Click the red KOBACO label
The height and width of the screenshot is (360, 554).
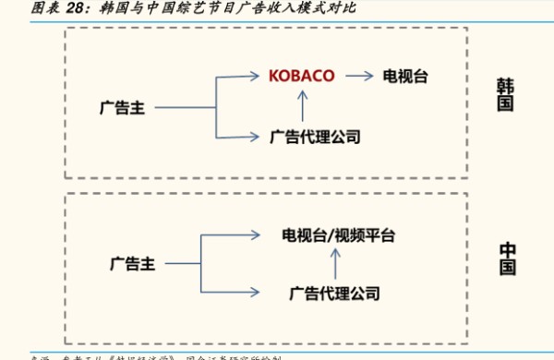(302, 75)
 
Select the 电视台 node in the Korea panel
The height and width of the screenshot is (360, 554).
(408, 75)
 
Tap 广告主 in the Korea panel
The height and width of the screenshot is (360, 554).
(125, 108)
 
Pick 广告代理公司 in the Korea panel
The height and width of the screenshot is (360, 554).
(314, 138)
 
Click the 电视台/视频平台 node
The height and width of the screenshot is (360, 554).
(338, 234)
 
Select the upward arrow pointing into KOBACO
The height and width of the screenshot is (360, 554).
(303, 105)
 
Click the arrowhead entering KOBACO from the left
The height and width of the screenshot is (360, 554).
(257, 76)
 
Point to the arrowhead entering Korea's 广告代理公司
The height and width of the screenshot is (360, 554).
(257, 138)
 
